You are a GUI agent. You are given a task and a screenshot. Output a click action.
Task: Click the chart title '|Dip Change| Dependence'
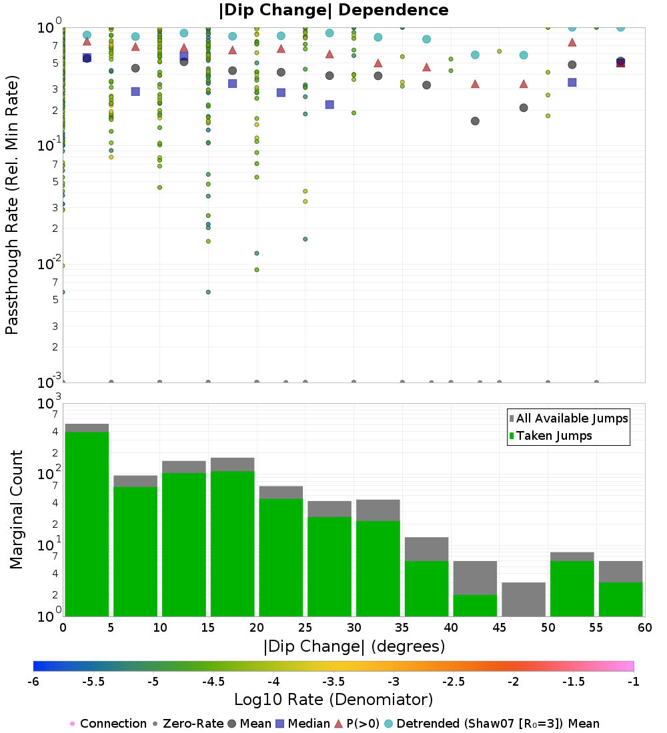pyautogui.click(x=333, y=10)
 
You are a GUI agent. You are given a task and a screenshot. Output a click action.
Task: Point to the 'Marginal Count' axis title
pyautogui.click(x=16, y=510)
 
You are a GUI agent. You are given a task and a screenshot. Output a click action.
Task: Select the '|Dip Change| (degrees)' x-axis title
pyautogui.click(x=354, y=646)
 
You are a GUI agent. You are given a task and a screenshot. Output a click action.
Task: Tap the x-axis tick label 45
pyautogui.click(x=500, y=628)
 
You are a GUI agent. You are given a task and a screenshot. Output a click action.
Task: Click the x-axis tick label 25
pyautogui.click(x=305, y=628)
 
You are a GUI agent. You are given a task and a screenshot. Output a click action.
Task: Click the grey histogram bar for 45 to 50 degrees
pyautogui.click(x=524, y=599)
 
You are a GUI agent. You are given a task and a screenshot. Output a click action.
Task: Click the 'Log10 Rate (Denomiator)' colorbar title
pyautogui.click(x=333, y=700)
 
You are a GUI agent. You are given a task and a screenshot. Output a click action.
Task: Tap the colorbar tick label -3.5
pyautogui.click(x=333, y=681)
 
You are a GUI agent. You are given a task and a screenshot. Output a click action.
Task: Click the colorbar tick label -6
pyautogui.click(x=33, y=681)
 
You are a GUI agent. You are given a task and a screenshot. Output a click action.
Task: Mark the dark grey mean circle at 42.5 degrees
pyautogui.click(x=475, y=121)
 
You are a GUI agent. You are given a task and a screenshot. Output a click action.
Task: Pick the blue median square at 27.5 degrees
pyautogui.click(x=329, y=105)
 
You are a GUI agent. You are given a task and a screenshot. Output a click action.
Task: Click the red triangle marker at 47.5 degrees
pyautogui.click(x=524, y=84)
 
